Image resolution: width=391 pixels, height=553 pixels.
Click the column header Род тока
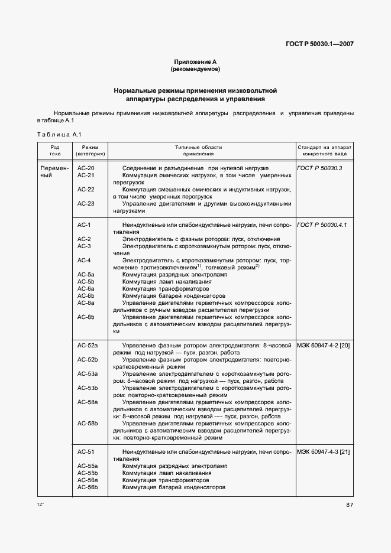tap(55, 150)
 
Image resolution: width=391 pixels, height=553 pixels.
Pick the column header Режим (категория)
tap(91, 150)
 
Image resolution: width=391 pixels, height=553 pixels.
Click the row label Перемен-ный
tap(55, 172)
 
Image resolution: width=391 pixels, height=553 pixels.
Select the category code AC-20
tap(86, 168)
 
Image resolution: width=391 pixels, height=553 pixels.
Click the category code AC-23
tap(86, 203)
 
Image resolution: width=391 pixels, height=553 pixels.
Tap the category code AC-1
tap(84, 225)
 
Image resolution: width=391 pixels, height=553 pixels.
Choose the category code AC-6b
tap(86, 295)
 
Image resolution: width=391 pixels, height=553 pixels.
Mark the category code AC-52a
tap(88, 344)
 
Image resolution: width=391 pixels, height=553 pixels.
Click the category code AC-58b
tap(88, 424)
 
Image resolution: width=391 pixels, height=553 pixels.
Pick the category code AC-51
tap(86, 452)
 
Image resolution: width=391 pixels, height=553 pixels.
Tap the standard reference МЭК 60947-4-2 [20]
tap(324, 344)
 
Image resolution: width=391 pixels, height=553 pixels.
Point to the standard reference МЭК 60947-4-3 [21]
tap(324, 452)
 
